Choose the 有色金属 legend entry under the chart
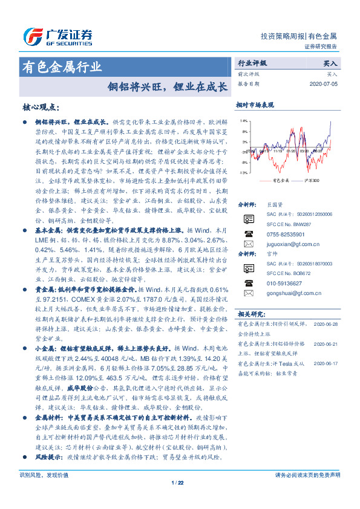click(280, 181)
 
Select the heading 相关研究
click(250, 314)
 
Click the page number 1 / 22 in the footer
click(177, 499)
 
